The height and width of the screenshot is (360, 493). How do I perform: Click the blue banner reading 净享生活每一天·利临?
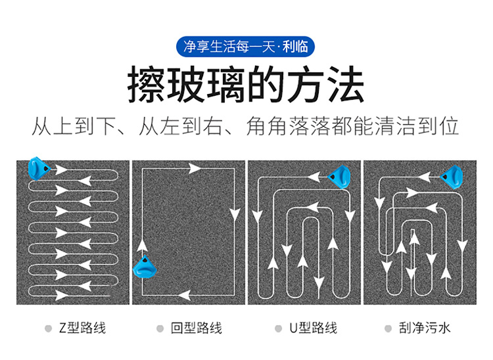pos(245,47)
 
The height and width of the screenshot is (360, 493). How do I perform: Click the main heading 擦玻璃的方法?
pos(246,84)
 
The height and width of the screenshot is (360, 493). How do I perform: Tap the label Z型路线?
pos(82,328)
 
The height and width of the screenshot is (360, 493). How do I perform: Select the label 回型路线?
pos(197,328)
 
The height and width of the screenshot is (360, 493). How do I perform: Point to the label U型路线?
pos(313,328)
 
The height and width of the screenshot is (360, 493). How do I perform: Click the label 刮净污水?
pos(425,328)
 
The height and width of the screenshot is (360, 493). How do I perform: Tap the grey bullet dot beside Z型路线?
pos(48,328)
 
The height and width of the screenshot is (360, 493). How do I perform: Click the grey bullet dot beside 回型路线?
pos(160,328)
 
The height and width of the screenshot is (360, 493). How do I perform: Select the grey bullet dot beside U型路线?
pos(278,328)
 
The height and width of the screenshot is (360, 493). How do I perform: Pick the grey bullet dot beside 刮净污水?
pos(388,328)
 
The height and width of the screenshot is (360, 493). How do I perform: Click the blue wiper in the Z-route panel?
pos(39,168)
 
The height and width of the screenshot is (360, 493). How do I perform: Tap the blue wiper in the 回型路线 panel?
pos(145,267)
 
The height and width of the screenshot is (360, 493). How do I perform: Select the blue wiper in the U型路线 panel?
pos(340,177)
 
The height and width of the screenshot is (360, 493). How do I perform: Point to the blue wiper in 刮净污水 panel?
pos(452,177)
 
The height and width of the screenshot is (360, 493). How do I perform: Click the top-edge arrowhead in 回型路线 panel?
pos(195,169)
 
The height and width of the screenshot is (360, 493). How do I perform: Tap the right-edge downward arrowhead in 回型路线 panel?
pos(235,214)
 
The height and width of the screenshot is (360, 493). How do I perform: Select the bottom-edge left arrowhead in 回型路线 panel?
pos(185,295)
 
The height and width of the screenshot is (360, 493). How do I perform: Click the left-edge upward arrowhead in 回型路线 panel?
pos(143,245)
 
